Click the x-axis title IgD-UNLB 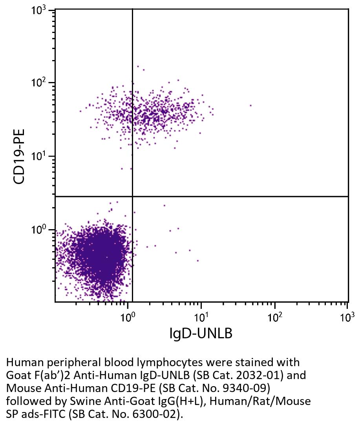coord(201,333)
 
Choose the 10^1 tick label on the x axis coord(201,316)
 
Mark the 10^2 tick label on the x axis coord(274,316)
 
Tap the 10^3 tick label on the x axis coord(346,316)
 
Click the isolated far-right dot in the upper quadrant coord(250,105)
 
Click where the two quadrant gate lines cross coord(132,196)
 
